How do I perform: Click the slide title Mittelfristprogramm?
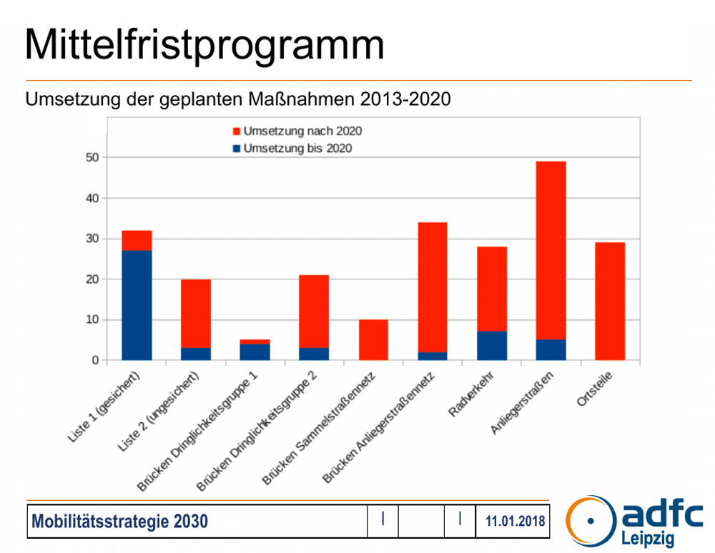click(204, 44)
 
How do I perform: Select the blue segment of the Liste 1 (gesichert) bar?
click(137, 305)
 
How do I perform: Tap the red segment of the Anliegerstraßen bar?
click(551, 250)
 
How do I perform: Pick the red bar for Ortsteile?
click(610, 301)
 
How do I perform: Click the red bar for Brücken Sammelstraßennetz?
click(373, 339)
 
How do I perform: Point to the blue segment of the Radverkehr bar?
click(492, 346)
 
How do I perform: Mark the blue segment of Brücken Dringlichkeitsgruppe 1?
click(255, 352)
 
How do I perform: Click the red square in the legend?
click(237, 131)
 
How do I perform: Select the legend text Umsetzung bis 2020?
click(298, 149)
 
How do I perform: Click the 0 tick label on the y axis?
click(94, 361)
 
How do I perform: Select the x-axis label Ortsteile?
click(595, 391)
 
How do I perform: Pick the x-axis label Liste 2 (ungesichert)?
click(159, 413)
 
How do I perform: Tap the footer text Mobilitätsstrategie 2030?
click(119, 522)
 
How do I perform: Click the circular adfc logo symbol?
click(591, 520)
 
